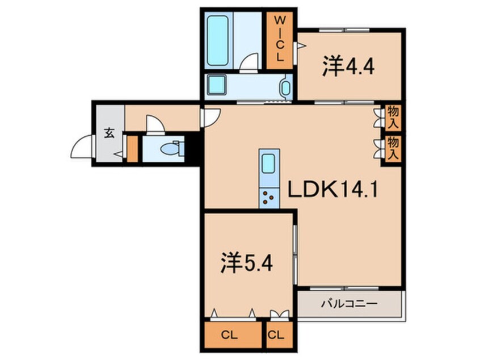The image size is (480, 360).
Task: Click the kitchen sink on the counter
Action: click(x=268, y=165)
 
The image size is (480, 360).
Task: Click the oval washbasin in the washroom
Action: click(x=285, y=88)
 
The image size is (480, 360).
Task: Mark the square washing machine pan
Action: click(x=216, y=86)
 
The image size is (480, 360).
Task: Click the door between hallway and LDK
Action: click(x=208, y=117)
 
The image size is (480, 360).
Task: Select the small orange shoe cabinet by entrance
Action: click(x=132, y=149)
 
